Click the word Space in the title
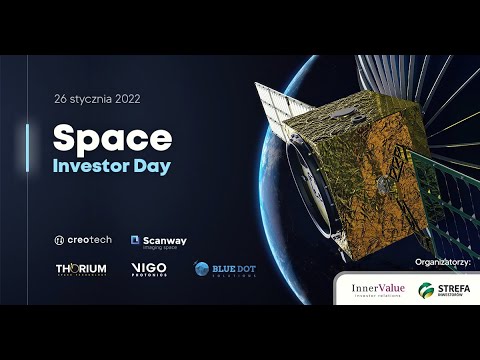112,138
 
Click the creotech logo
84,240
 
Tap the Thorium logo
81,269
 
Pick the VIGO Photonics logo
149,269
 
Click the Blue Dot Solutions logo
224,270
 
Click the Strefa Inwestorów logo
444,290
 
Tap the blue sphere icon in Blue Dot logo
202,269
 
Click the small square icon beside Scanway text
135,240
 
